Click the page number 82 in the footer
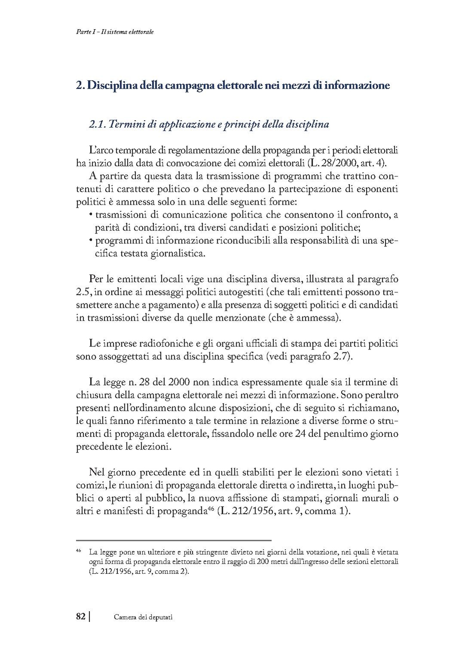coord(80,616)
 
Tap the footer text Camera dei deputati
coord(143,617)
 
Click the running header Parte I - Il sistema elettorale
coord(112,32)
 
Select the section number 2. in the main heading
coord(80,85)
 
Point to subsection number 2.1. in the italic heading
coord(97,125)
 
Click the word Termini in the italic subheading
coord(128,125)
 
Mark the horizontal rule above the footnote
coord(173,540)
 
